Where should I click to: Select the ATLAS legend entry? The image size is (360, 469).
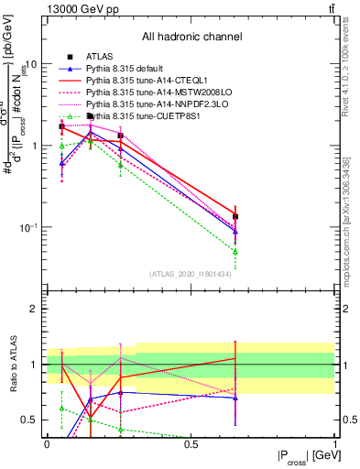101,57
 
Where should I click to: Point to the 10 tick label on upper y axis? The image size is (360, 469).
30,65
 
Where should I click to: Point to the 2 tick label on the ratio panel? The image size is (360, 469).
36,309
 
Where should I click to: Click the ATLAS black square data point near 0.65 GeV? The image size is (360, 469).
235,217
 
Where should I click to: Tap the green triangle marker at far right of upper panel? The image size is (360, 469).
235,251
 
